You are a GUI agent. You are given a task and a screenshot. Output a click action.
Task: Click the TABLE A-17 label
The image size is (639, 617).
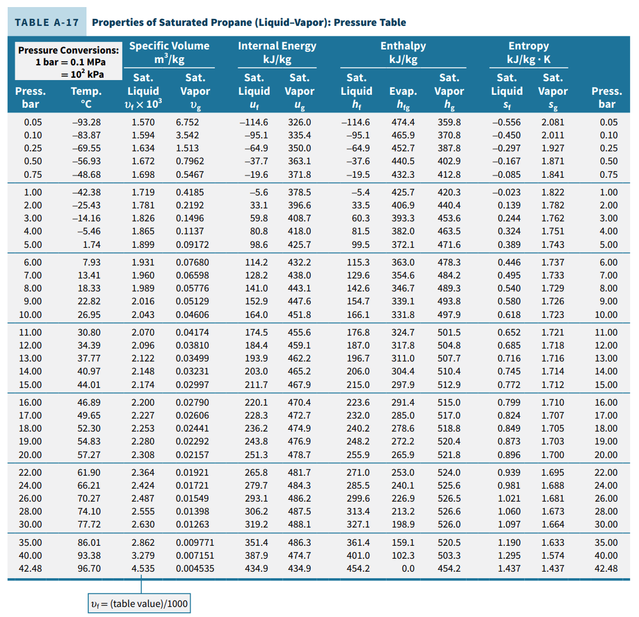tap(47, 22)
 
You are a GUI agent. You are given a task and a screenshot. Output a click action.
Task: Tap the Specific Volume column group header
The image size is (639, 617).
tap(169, 52)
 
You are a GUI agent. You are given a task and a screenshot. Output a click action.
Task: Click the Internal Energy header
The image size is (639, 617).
tap(277, 52)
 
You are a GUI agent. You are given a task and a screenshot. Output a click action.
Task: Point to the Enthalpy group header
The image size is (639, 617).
tap(403, 52)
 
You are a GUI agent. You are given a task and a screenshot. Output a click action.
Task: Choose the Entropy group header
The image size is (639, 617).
tap(528, 52)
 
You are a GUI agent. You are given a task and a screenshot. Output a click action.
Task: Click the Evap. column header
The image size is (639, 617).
tap(403, 98)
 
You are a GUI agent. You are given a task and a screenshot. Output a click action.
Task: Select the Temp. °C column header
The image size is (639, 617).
tap(86, 98)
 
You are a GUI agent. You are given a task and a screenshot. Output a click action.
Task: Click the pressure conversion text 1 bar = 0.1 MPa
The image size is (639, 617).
tap(71, 62)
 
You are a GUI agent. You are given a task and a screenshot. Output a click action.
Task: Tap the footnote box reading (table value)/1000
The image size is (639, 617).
tap(139, 603)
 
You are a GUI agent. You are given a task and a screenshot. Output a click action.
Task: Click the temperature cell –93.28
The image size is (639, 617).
tap(86, 122)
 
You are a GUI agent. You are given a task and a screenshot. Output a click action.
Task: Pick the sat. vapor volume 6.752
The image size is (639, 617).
tap(188, 122)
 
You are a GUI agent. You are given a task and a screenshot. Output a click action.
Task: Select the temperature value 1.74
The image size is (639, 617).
tap(92, 245)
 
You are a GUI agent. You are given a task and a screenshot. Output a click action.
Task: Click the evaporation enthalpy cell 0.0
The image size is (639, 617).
tap(408, 569)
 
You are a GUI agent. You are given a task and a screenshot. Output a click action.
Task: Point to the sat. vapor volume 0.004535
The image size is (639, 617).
tap(195, 569)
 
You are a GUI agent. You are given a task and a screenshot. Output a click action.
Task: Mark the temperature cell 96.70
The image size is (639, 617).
tap(89, 569)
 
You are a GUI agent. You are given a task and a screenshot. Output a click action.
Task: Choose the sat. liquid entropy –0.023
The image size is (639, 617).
tap(506, 192)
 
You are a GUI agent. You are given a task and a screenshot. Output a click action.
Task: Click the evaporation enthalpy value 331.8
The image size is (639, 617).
tap(403, 315)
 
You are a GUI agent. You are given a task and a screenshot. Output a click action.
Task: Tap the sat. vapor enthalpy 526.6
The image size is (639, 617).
tap(449, 512)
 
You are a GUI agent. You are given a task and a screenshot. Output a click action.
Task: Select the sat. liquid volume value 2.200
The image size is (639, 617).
tap(143, 403)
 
